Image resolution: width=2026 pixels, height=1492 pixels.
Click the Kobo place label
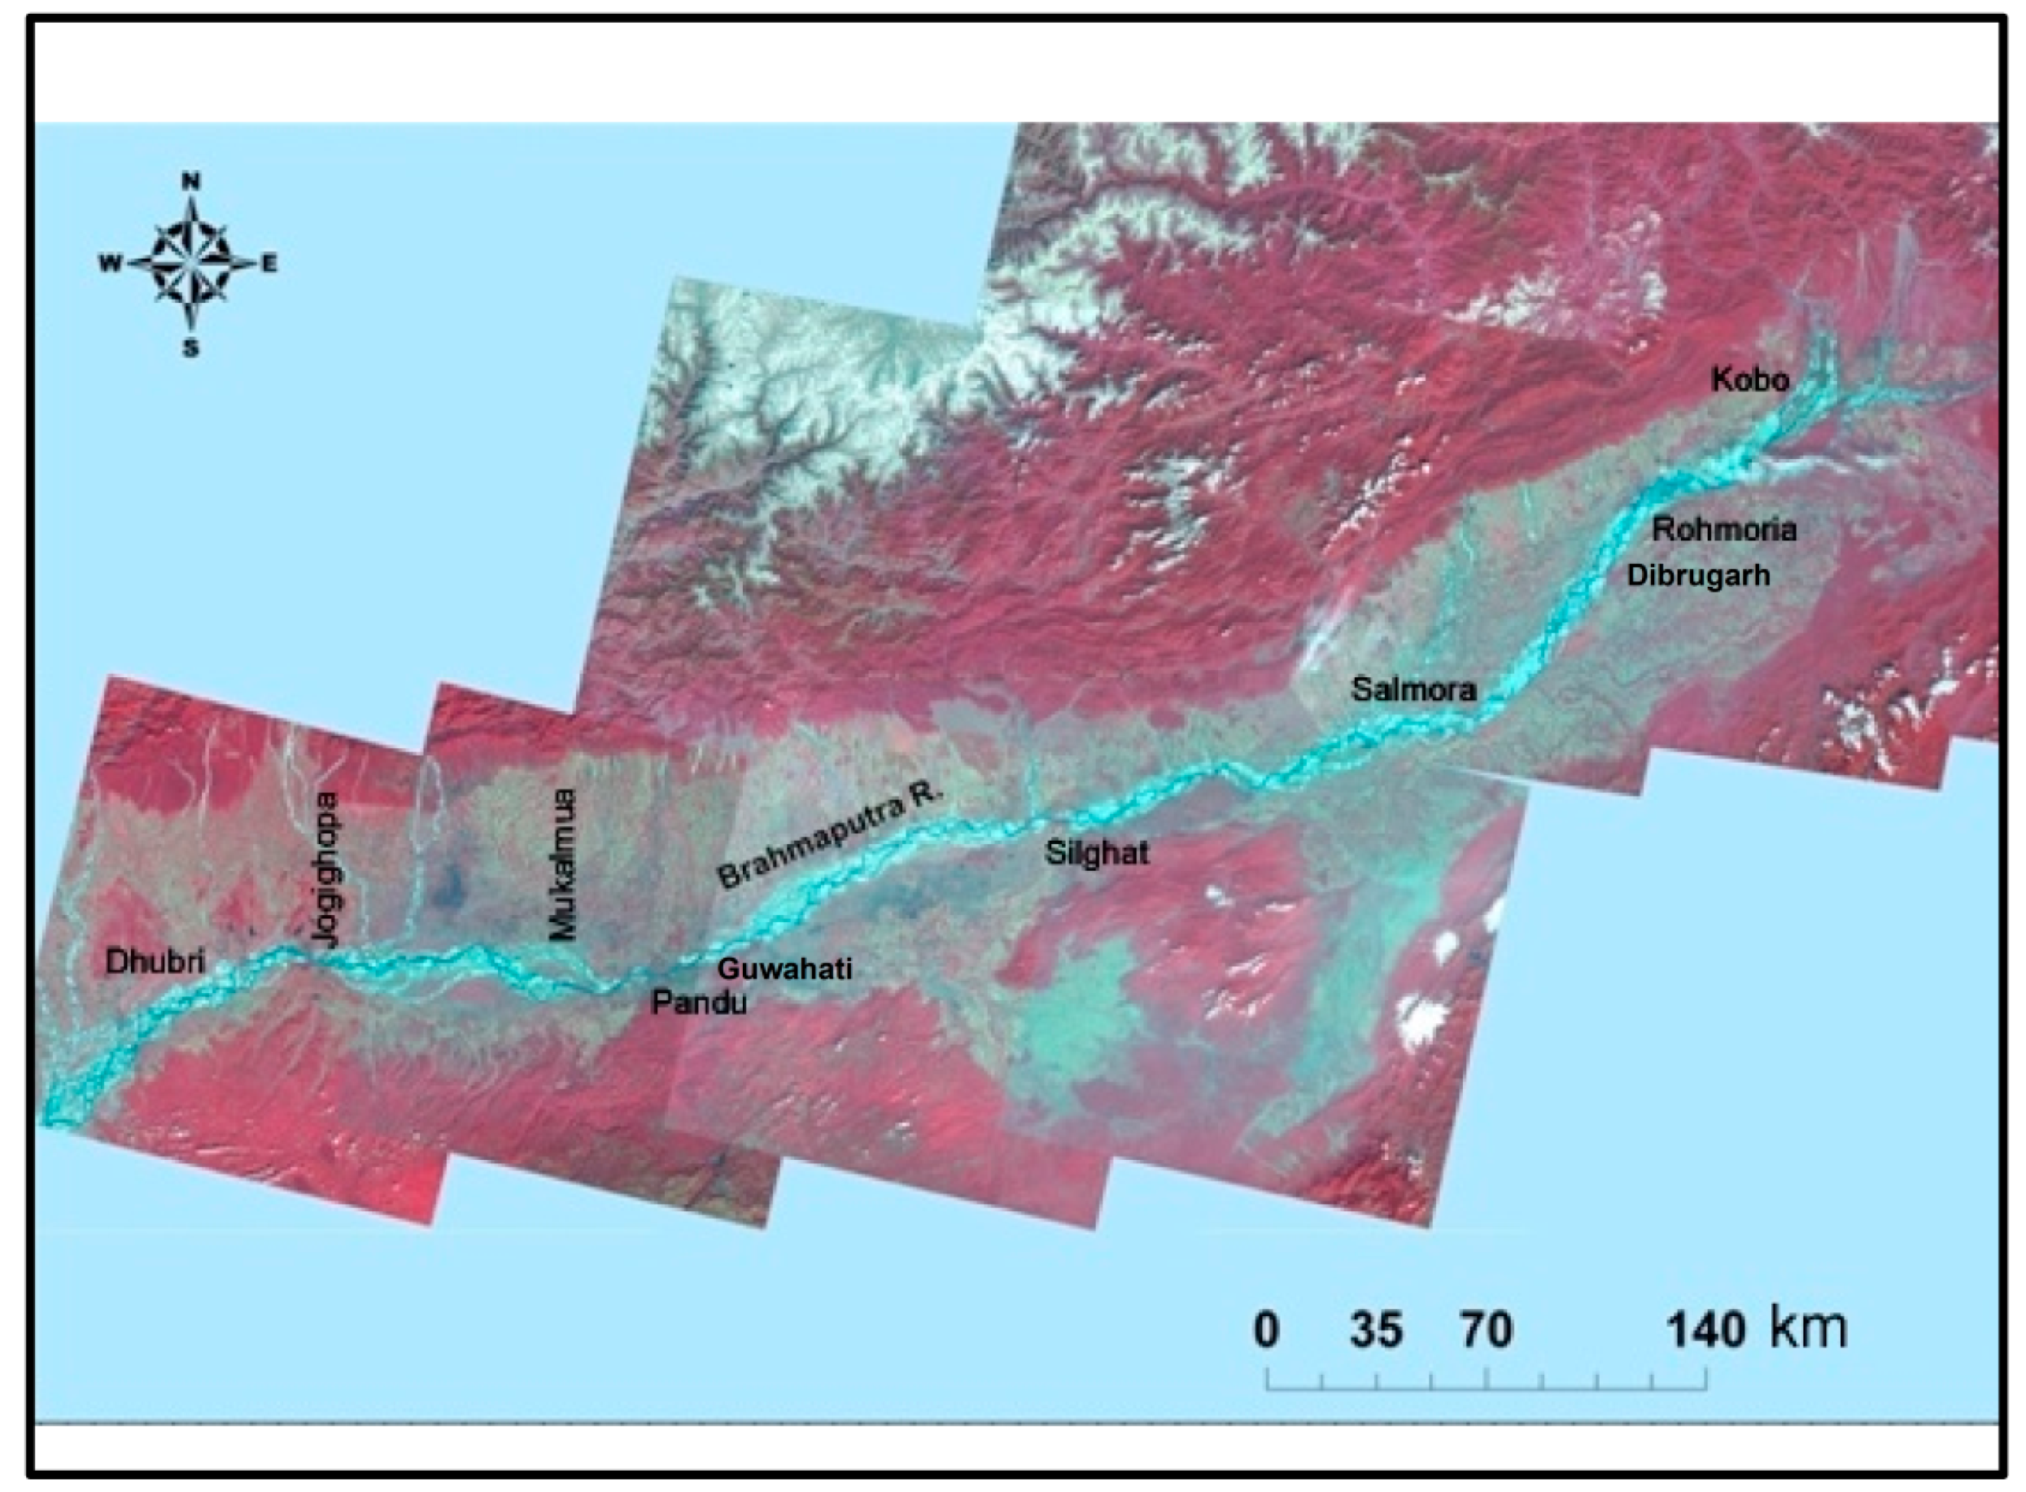[1749, 380]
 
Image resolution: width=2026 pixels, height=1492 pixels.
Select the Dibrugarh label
[1698, 575]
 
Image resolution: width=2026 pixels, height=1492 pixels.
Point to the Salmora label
[1414, 690]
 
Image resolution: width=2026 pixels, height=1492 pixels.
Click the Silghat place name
[1097, 852]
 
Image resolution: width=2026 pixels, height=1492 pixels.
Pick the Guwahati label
[784, 969]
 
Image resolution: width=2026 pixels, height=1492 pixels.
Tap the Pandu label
[700, 1003]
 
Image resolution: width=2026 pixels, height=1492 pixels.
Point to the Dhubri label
[155, 961]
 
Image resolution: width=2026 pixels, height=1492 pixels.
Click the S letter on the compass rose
[191, 349]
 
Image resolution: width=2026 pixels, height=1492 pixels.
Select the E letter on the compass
[269, 264]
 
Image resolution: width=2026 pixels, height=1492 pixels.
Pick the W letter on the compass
[110, 264]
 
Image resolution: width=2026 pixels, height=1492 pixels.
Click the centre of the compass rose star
[191, 264]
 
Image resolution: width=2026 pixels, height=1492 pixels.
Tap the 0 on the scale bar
[1267, 1330]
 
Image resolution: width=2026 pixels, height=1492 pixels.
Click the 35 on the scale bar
[1376, 1330]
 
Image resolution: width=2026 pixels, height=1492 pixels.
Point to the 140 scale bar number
[1705, 1330]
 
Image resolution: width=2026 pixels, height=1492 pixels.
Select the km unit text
[1809, 1328]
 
